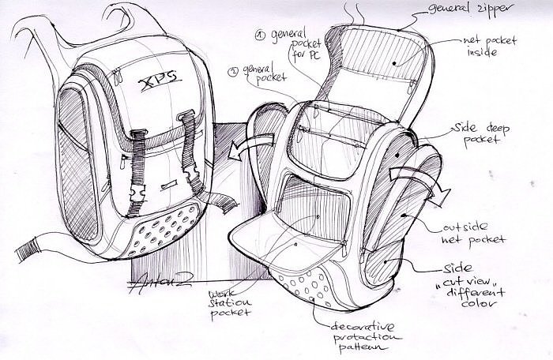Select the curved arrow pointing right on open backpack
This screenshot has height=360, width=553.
[423, 178]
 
